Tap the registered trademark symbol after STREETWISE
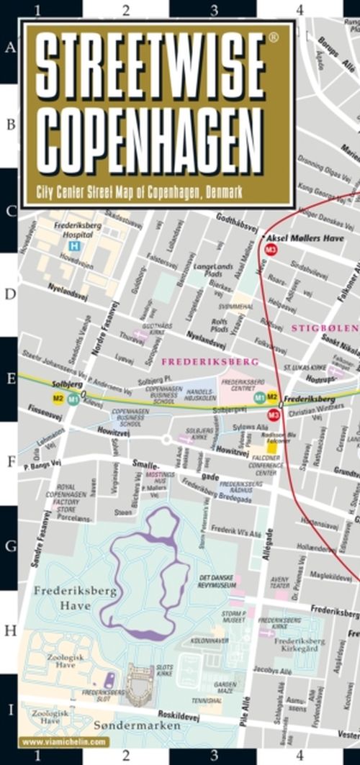pos(272,35)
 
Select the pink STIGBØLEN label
pos(320,328)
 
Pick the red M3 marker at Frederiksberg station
pos(273,415)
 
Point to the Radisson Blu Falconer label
pos(274,445)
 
